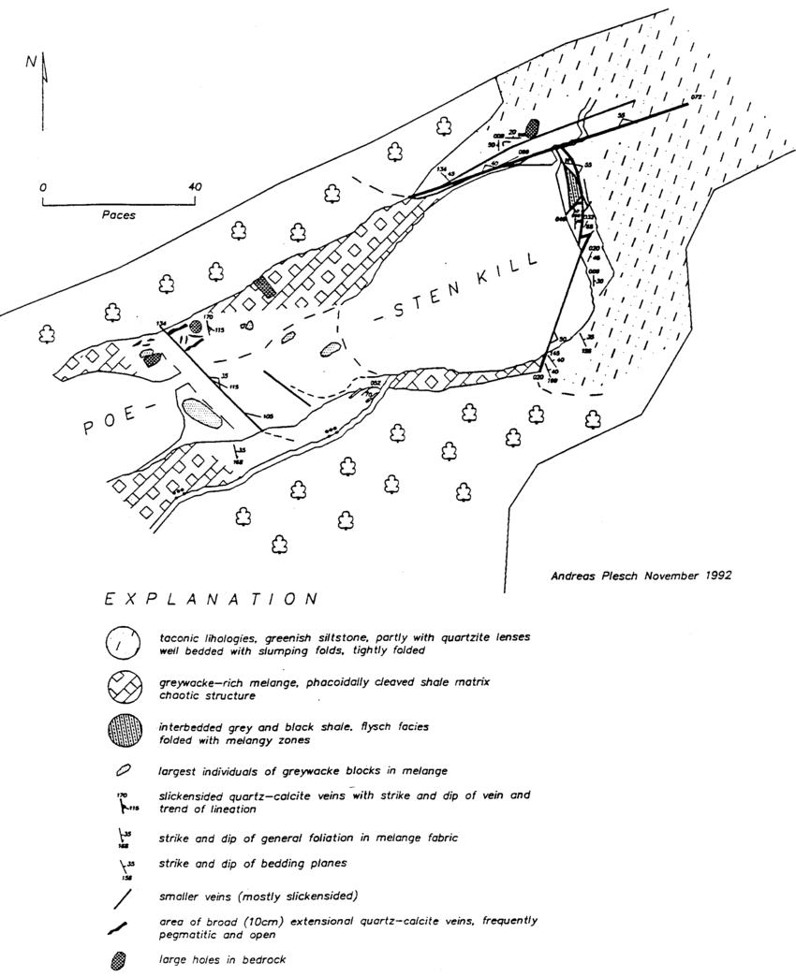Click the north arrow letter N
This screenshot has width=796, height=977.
[32, 63]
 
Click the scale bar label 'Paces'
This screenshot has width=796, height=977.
[119, 215]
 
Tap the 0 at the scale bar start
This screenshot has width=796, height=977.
[43, 187]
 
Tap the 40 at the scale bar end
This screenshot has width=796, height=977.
[194, 186]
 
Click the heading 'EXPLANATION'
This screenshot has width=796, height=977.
[211, 597]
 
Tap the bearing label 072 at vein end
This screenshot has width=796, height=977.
[696, 97]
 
